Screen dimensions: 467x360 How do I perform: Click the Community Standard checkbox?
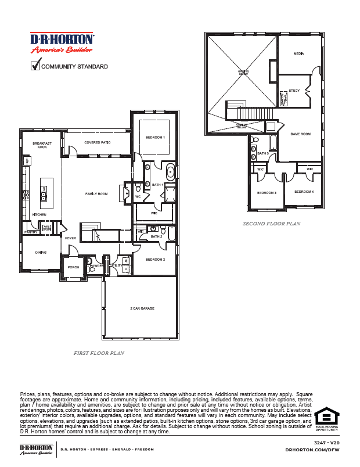(x=35, y=66)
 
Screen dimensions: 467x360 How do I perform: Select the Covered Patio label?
(x=97, y=142)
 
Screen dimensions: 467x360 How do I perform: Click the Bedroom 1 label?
(x=155, y=137)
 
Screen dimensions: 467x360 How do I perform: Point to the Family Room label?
(x=96, y=193)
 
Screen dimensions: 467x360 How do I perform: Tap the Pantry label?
(x=31, y=232)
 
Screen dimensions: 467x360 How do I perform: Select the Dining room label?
(x=41, y=252)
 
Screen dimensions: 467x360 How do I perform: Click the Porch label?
(x=74, y=267)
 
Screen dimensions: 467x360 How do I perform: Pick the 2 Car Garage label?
(x=142, y=308)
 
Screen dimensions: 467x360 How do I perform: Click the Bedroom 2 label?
(x=155, y=259)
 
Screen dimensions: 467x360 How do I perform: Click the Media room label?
(x=298, y=53)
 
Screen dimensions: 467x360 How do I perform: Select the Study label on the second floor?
(x=294, y=91)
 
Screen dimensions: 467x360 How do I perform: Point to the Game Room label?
(x=301, y=134)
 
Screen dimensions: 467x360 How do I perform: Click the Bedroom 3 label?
(x=267, y=192)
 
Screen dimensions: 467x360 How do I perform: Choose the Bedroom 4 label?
(x=304, y=191)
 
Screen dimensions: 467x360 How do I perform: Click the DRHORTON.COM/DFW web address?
(x=314, y=449)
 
